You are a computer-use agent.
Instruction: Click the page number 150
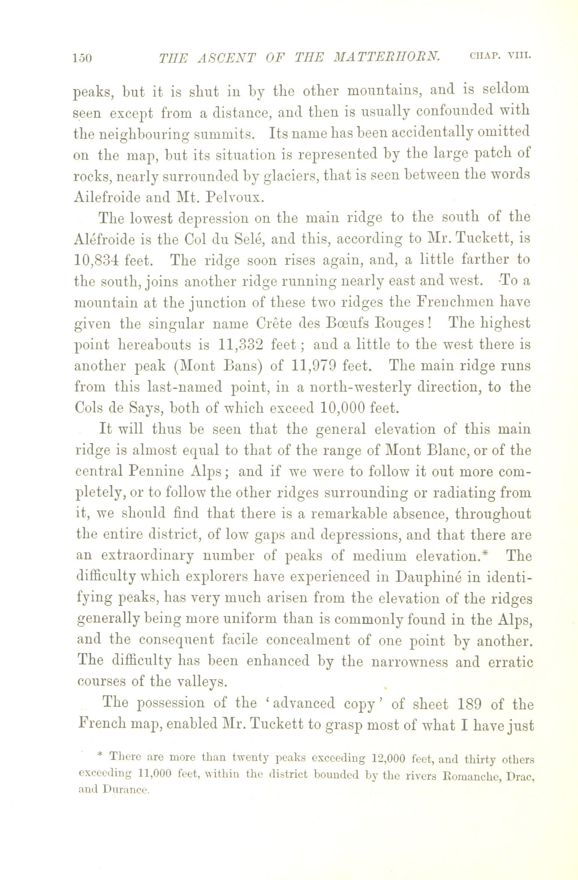[83, 59]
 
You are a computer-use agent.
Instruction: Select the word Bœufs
[342, 323]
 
